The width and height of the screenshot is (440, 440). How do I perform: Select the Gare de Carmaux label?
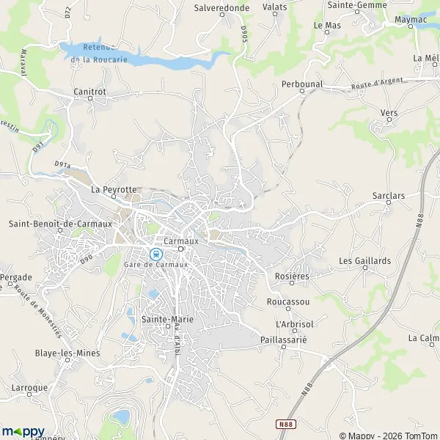pos(156,264)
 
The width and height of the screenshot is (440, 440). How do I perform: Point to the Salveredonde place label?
pos(221,7)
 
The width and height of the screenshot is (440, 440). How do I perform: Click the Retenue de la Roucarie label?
pos(106,54)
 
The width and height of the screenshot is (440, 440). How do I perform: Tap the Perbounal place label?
pos(302,84)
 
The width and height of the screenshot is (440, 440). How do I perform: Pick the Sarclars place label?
pos(389,197)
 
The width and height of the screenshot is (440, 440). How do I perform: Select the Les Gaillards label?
pos(364,260)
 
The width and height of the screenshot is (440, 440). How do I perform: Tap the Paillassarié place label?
pos(283,340)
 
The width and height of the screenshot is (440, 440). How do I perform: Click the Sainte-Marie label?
pos(166,319)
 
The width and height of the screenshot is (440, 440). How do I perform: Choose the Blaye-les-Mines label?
pos(67,353)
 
